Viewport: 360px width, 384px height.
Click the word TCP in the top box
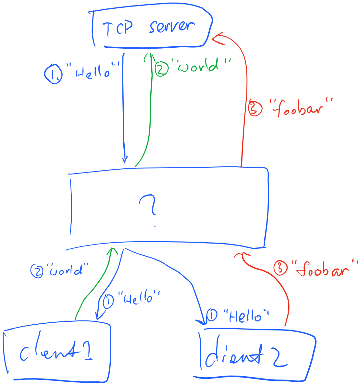point(118,29)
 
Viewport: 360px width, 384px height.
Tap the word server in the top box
point(172,27)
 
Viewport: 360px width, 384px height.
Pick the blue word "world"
point(67,270)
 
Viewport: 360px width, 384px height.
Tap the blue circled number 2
point(37,271)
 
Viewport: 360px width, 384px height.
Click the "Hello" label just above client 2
point(246,316)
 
